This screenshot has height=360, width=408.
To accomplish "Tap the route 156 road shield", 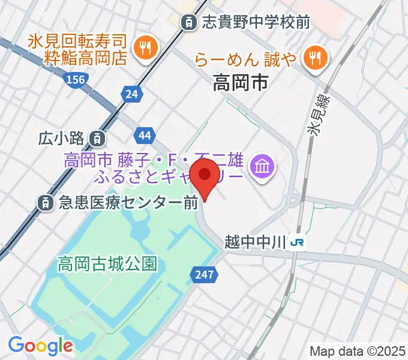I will pyautogui.click(x=76, y=79).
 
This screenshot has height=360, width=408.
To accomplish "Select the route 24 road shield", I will pyautogui.click(x=132, y=93).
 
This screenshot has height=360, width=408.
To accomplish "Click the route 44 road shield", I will pyautogui.click(x=144, y=136).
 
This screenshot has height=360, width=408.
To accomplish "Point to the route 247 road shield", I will pyautogui.click(x=203, y=274).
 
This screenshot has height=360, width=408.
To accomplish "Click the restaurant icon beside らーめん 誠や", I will pyautogui.click(x=314, y=58).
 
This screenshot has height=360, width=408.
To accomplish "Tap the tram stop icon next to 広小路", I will pyautogui.click(x=97, y=139).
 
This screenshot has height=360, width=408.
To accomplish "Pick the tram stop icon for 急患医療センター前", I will pyautogui.click(x=45, y=203).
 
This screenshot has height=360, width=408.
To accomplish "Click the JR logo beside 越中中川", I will pyautogui.click(x=296, y=242).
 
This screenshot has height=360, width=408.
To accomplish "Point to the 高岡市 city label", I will pyautogui.click(x=240, y=83).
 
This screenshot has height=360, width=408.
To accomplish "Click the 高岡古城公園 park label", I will pyautogui.click(x=107, y=263).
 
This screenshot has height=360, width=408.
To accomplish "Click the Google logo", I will pyautogui.click(x=40, y=346).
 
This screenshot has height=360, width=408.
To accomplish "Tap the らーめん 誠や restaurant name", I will pyautogui.click(x=245, y=59).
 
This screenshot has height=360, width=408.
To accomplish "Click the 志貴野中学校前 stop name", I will pyautogui.click(x=256, y=23).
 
